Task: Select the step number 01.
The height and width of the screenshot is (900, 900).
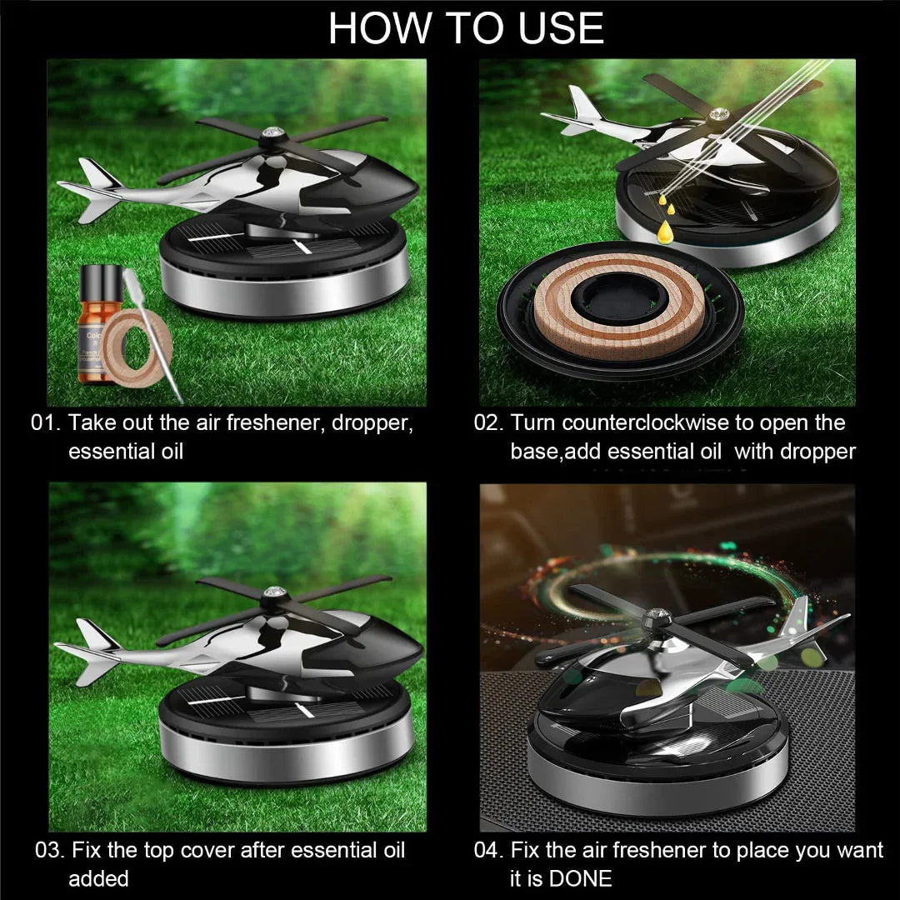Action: coord(47,422)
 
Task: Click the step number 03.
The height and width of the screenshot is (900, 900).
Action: coord(50,851)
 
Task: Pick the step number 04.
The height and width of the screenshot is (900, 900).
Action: coord(489,851)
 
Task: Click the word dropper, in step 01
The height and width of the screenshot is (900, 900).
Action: coord(372,422)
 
